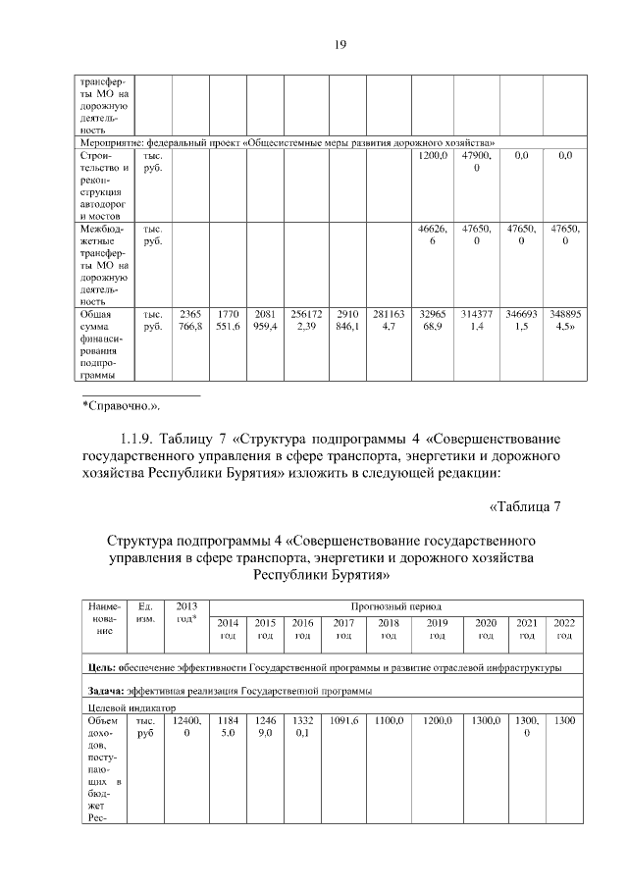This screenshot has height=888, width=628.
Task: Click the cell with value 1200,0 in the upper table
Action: click(433, 156)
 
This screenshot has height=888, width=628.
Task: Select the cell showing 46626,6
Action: click(433, 235)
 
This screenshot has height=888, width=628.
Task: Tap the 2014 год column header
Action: click(227, 629)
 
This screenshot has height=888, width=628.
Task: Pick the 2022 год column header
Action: click(565, 629)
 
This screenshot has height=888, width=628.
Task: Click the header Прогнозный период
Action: click(396, 607)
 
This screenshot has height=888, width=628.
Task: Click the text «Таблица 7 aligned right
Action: click(524, 506)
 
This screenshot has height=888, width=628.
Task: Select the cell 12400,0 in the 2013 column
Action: click(186, 727)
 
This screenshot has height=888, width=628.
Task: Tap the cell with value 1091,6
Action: click(343, 721)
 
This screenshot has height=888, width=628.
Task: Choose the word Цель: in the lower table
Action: click(102, 668)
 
